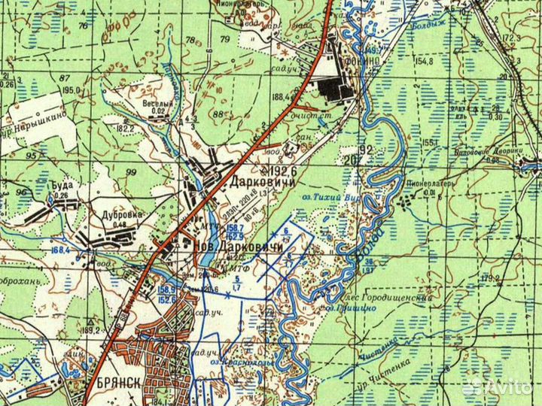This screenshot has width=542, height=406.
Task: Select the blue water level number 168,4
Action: point(61,242)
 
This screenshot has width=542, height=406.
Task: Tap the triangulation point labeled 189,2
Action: point(90,329)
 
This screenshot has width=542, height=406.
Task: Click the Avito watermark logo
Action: point(496,386)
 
